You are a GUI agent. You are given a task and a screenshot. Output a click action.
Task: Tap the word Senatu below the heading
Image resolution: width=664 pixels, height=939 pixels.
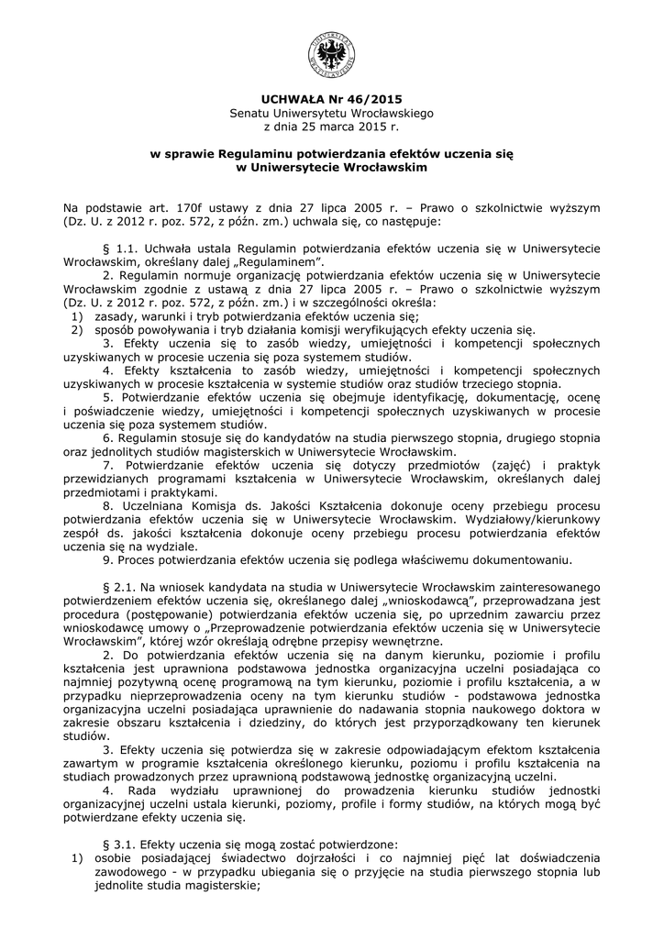[x=249, y=113]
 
